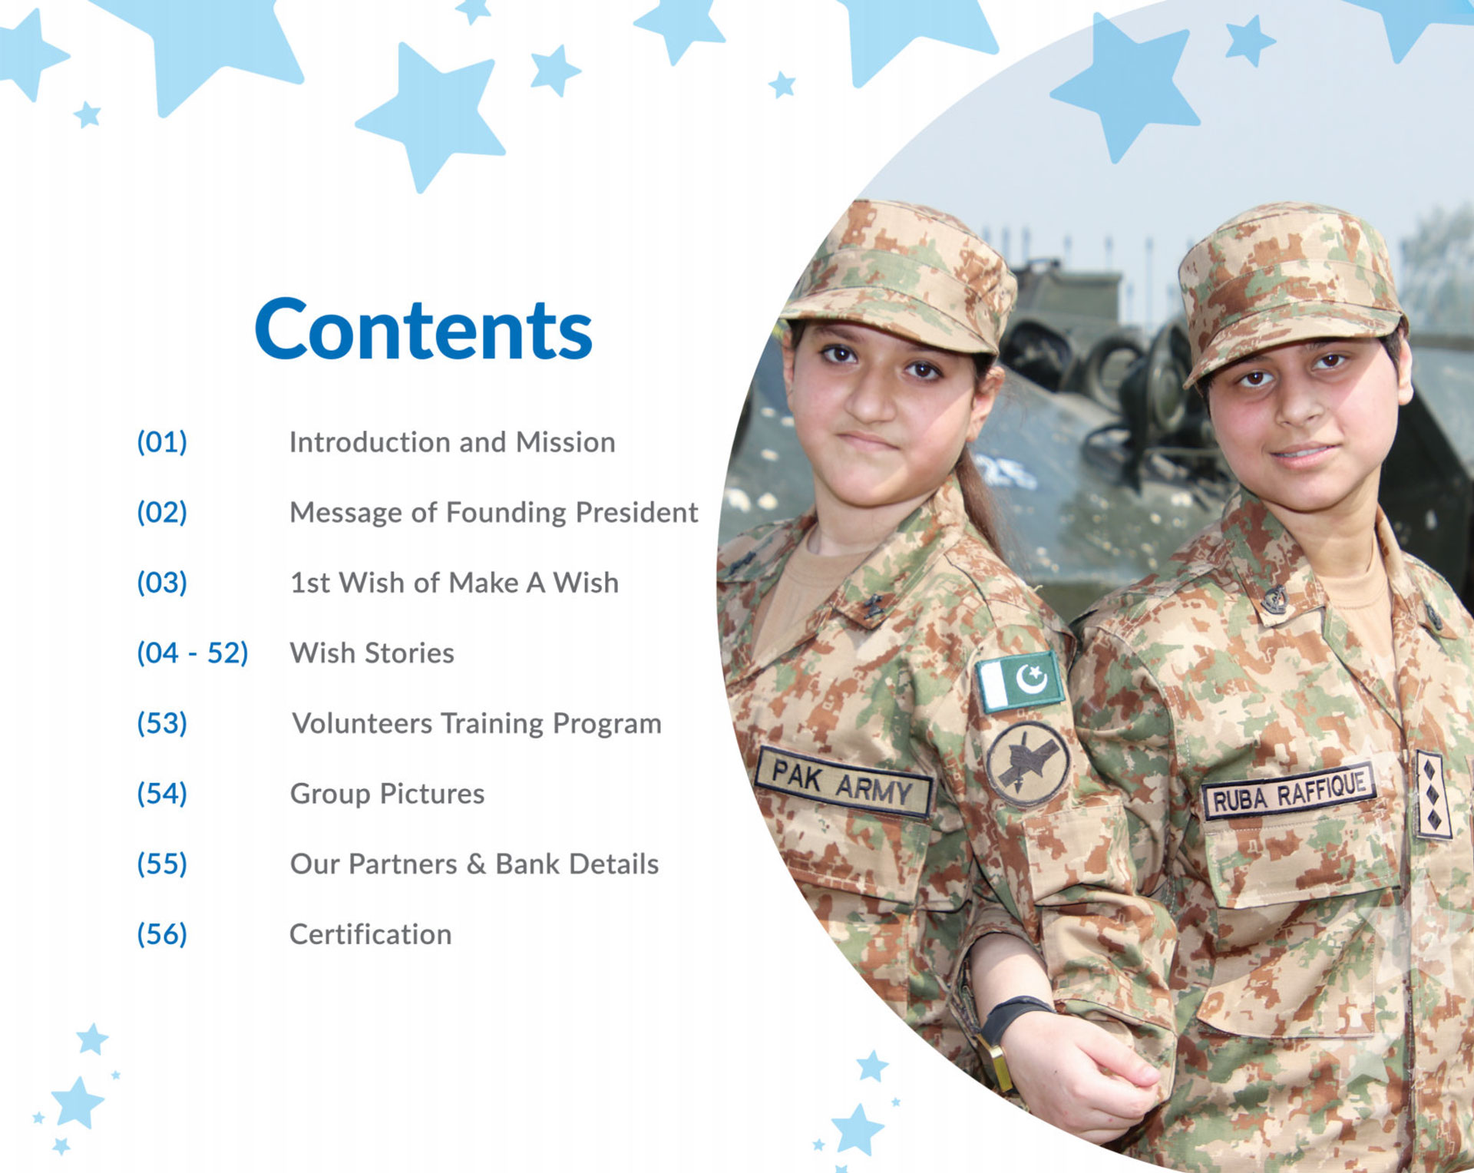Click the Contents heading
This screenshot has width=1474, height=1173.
pos(423,329)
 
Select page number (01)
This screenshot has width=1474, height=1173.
pos(162,442)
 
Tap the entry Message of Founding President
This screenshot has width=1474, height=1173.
pos(494,512)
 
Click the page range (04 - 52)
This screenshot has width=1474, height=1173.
pos(193,653)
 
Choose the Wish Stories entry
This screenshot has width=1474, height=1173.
pos(372,653)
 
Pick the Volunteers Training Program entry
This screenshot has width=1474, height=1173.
pos(477,723)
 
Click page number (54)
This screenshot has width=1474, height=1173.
pos(162,794)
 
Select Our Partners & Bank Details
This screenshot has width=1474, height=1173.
pos(474,864)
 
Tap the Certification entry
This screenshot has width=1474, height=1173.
pos(371,934)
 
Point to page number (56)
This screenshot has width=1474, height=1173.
pos(162,934)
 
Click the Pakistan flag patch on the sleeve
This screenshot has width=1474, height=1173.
pos(1021,680)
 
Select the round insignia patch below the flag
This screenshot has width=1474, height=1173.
pos(1027,763)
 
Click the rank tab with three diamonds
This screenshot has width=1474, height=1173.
pos(1433,795)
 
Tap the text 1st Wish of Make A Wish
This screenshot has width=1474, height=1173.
pos(454,583)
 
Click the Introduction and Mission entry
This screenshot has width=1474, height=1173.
pos(452,442)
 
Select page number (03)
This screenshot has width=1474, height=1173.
pos(162,583)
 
